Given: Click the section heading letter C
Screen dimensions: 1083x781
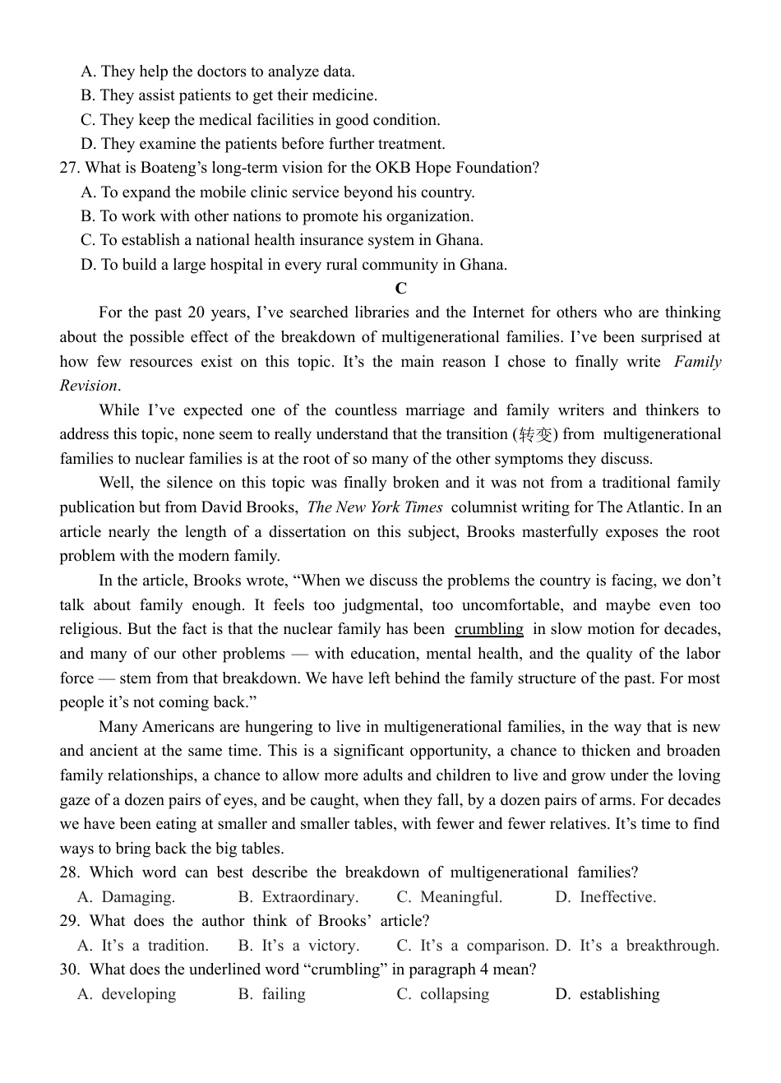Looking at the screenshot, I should pos(400,289).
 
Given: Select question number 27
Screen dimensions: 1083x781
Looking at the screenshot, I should pos(69,168).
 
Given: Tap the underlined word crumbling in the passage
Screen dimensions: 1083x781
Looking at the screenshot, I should pos(489,629).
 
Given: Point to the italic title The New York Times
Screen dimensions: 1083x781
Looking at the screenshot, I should pos(375,507).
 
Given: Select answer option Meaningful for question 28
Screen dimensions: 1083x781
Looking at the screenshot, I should pos(460,897).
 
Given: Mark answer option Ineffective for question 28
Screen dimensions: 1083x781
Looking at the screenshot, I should pos(617,897).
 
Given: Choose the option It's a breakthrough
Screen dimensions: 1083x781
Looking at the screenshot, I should pos(649,946).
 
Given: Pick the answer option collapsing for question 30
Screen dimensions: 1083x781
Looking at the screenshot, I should pos(454,994).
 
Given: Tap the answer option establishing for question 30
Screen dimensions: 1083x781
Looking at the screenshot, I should pos(619,994).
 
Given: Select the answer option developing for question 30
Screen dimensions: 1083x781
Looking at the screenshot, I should pos(138,994).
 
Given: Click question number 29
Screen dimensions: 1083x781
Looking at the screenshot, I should pos(69,921).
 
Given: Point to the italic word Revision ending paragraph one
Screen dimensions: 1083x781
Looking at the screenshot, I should pos(89,386).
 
